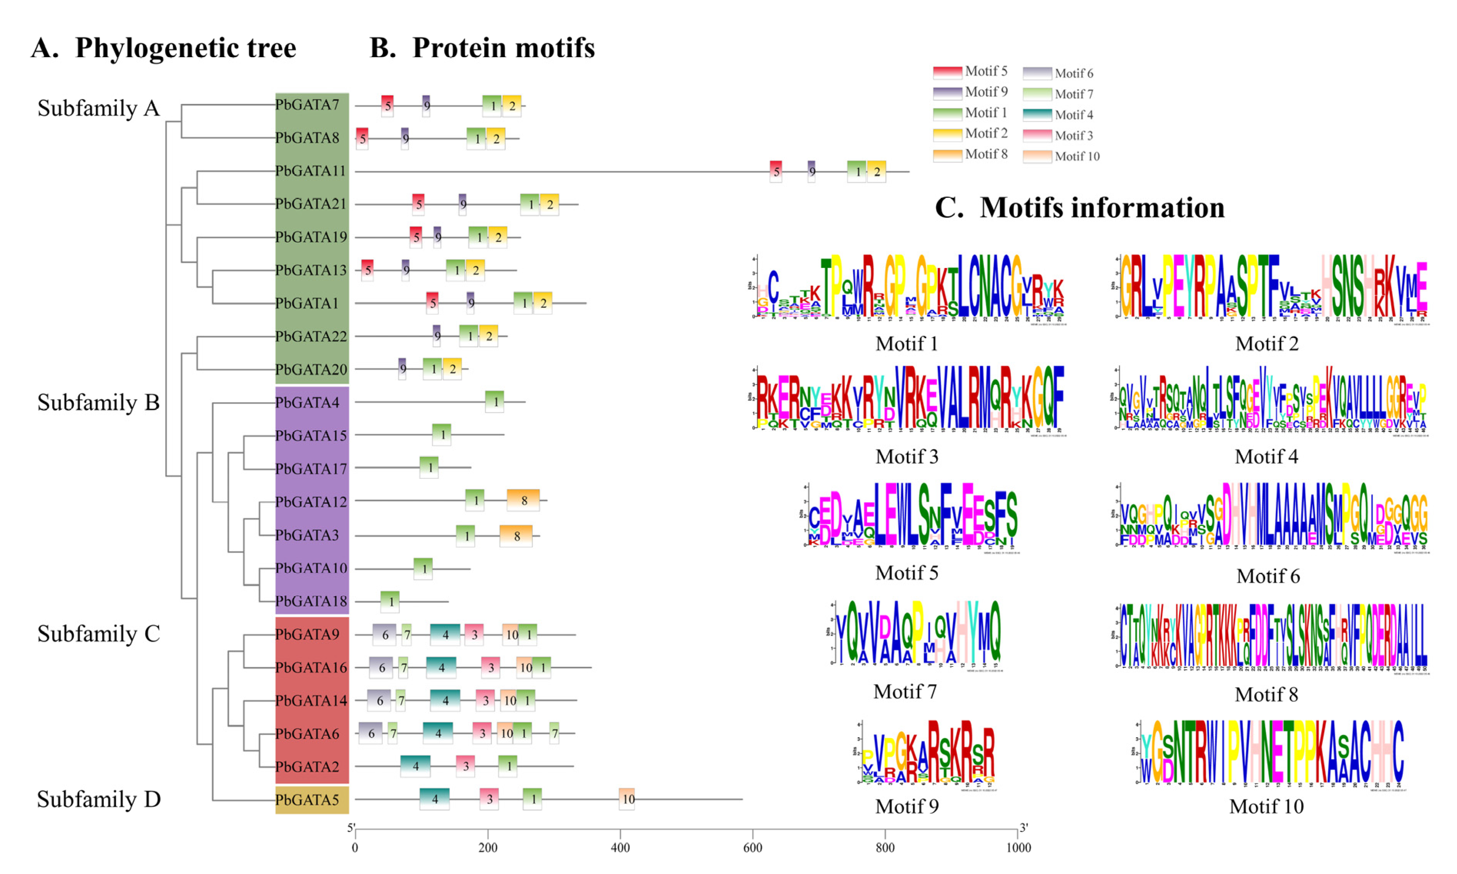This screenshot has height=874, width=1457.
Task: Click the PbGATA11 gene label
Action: [x=311, y=171]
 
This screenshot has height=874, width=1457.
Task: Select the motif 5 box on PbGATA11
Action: [x=776, y=171]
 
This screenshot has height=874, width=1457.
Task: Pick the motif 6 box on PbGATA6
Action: [x=370, y=733]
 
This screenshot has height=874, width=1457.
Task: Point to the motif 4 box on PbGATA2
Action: [x=415, y=766]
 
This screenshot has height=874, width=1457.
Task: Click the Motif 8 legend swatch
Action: [x=947, y=155]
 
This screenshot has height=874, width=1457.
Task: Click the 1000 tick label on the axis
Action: [x=1018, y=847]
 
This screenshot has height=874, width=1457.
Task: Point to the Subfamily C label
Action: [x=98, y=634]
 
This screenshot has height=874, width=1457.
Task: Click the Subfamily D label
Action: [x=98, y=799]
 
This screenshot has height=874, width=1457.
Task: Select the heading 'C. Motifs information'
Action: [x=1079, y=208]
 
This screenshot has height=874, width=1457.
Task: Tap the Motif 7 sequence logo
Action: [x=918, y=633]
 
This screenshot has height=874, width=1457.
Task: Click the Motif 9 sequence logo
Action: [x=927, y=752]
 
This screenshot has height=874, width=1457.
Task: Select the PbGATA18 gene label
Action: [x=311, y=601]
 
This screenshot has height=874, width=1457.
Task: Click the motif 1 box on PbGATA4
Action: [x=495, y=402]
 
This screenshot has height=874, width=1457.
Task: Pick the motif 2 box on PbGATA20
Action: [x=452, y=369]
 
